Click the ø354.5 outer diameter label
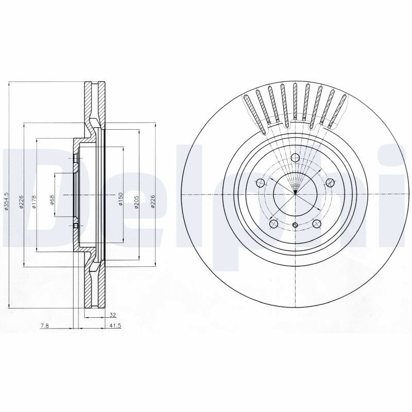click(7, 201)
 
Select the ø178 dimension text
click(34, 202)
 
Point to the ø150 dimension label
click(121, 199)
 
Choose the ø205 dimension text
click(136, 202)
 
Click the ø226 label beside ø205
click(153, 201)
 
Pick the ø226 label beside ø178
click(22, 202)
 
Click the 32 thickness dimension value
click(113, 315)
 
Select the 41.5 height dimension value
click(115, 325)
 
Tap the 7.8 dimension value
click(44, 325)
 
